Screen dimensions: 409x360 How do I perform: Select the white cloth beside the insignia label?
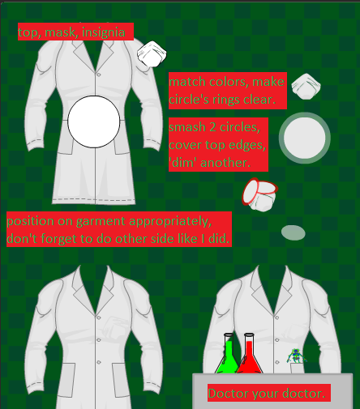[x=152, y=54]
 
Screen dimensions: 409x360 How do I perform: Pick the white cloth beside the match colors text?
[x=306, y=85]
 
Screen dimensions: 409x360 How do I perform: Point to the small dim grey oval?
[x=293, y=233]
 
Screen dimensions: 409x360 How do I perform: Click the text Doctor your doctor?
[x=267, y=394]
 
